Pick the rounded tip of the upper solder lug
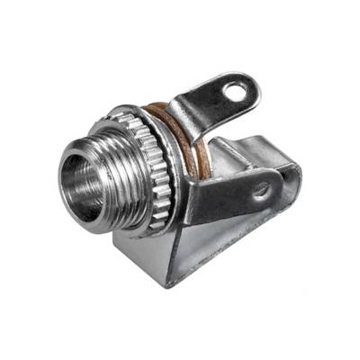click(250, 86)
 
